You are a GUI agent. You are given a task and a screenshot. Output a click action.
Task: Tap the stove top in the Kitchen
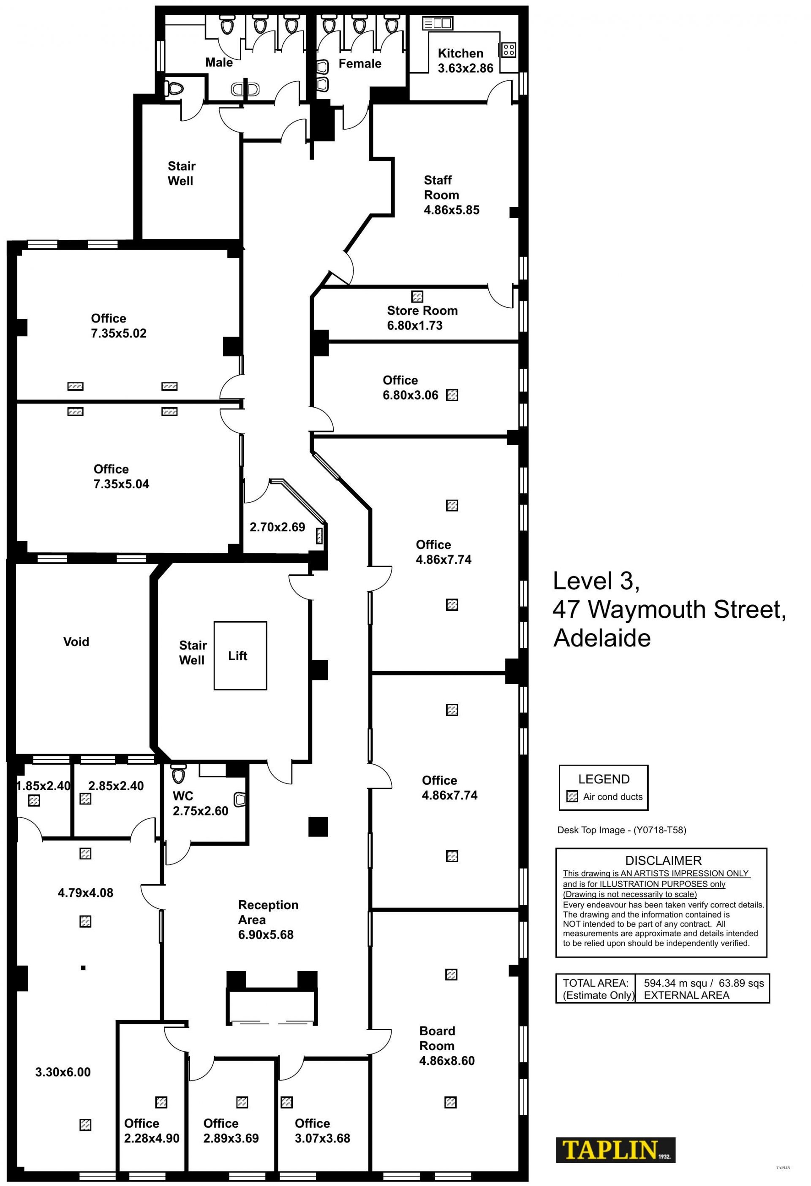508,49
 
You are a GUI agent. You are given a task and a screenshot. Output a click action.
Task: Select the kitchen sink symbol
438,23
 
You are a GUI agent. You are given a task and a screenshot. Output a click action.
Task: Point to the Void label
76,642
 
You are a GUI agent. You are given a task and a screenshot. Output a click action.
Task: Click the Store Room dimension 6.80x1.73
415,325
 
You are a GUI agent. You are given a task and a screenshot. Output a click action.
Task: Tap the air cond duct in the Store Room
417,296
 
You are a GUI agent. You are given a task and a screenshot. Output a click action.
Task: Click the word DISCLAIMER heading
664,861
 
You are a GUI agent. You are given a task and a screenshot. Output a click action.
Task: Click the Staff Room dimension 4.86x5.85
452,210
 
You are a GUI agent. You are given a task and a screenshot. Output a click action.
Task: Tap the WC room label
183,796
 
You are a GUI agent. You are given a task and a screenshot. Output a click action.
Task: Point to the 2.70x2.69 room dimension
278,527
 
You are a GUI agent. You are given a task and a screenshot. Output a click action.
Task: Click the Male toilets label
219,62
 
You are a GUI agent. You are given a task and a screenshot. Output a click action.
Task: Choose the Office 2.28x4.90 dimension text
152,1139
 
